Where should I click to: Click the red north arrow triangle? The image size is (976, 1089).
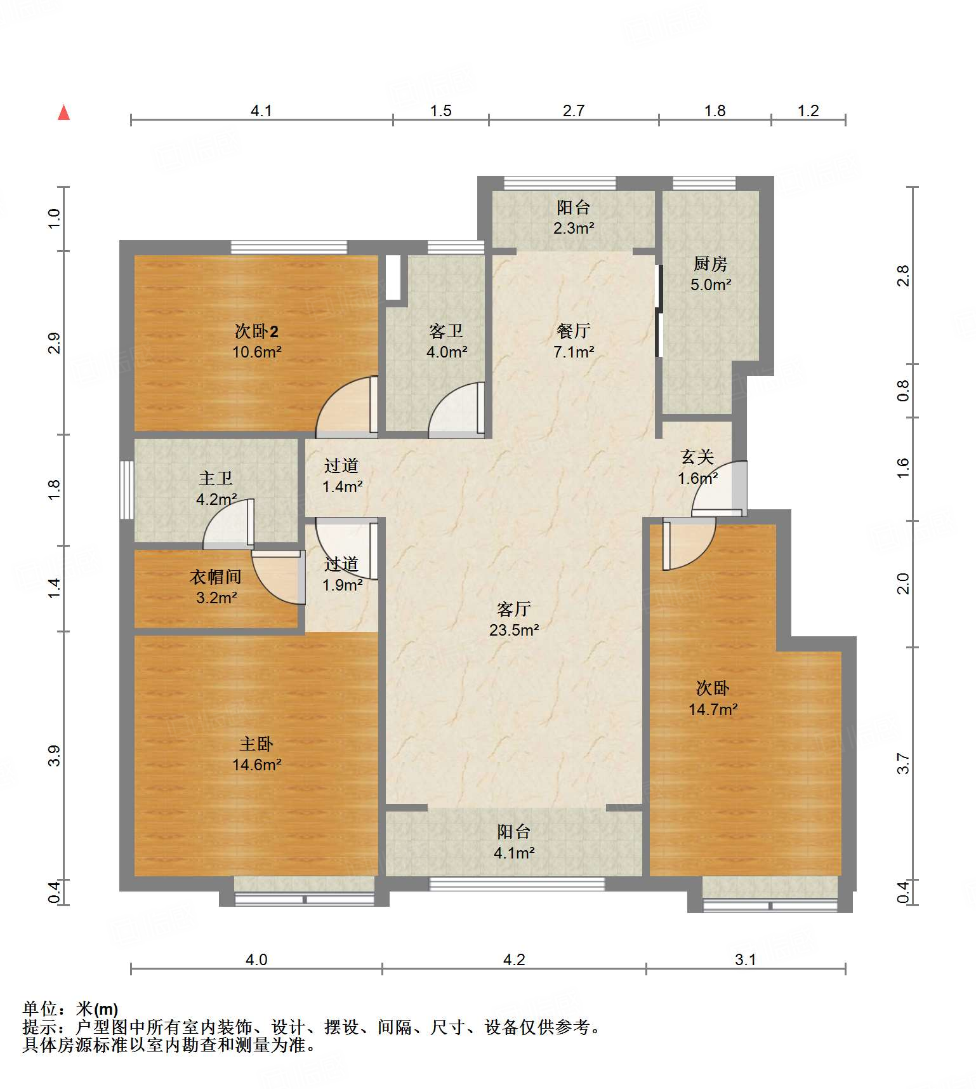pyautogui.click(x=63, y=113)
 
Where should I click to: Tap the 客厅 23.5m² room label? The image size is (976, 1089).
pyautogui.click(x=513, y=619)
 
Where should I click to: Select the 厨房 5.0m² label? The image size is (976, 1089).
pyautogui.click(x=710, y=274)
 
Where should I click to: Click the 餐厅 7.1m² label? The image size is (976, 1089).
pyautogui.click(x=573, y=341)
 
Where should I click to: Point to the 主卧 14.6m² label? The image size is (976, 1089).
pyautogui.click(x=256, y=754)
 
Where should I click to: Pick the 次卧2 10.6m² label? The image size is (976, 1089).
pyautogui.click(x=256, y=341)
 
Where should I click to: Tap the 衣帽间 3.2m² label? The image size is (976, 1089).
pyautogui.click(x=216, y=587)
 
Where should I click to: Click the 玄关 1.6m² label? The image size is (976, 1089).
pyautogui.click(x=697, y=467)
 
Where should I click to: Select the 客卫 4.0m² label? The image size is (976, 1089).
pyautogui.click(x=446, y=341)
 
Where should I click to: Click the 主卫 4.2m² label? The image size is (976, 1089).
pyautogui.click(x=216, y=488)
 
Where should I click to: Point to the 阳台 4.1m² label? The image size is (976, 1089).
pyautogui.click(x=513, y=842)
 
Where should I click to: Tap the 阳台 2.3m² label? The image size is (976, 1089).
pyautogui.click(x=573, y=217)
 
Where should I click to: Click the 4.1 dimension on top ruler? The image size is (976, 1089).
pyautogui.click(x=261, y=111)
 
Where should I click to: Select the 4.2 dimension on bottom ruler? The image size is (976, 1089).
pyautogui.click(x=513, y=959)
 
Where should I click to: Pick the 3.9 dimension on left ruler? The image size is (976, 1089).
pyautogui.click(x=55, y=756)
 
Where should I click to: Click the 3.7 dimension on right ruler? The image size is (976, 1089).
pyautogui.click(x=903, y=763)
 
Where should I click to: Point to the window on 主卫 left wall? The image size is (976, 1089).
pyautogui.click(x=126, y=490)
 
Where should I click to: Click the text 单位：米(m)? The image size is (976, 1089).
pyautogui.click(x=70, y=1008)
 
